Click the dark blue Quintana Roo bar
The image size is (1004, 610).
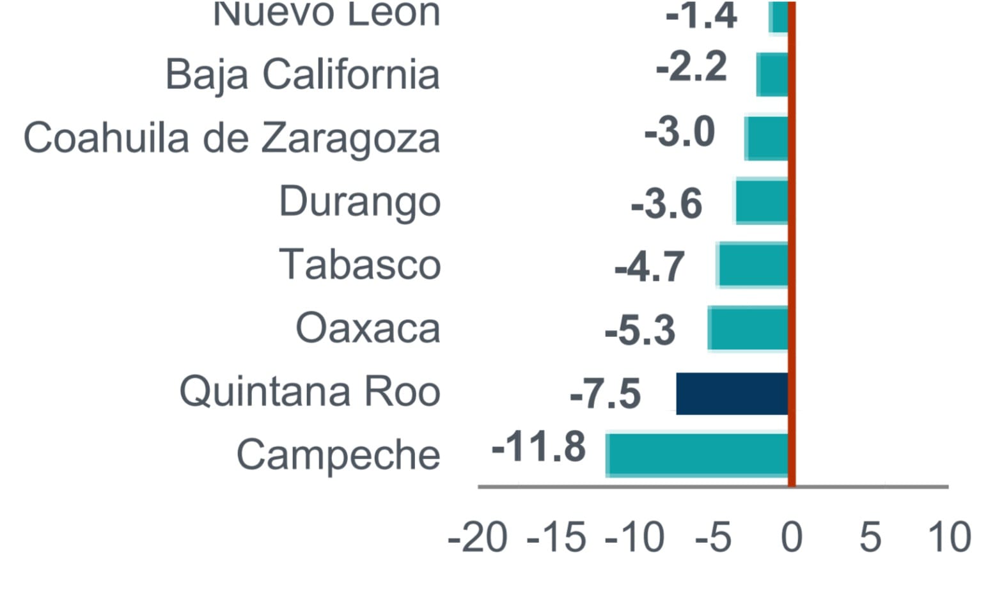[732, 393]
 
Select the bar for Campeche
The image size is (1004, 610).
[697, 455]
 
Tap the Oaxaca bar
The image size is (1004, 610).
[749, 329]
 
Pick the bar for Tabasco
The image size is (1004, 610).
[753, 265]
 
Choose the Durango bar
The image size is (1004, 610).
[762, 202]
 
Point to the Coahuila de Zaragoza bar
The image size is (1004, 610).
[767, 138]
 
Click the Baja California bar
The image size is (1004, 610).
[772, 75]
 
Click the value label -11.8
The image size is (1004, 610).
[538, 446]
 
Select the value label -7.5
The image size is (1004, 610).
[605, 393]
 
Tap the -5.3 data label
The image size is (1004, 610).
[639, 331]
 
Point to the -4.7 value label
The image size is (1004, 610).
[649, 267]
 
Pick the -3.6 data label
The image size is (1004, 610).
[666, 204]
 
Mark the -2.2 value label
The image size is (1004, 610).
[691, 67]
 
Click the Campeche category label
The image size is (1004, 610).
[338, 455]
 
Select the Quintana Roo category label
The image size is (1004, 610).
[310, 391]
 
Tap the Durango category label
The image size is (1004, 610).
[360, 202]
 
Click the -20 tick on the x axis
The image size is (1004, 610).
[478, 537]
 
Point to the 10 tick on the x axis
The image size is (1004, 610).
[950, 537]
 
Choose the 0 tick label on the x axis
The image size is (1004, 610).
[792, 537]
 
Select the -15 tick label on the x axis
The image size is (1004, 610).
[556, 537]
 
